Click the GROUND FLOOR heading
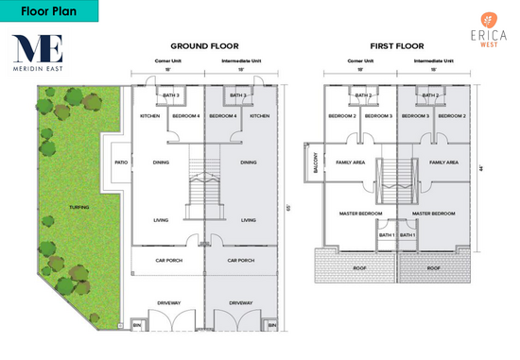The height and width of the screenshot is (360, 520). click(x=204, y=45)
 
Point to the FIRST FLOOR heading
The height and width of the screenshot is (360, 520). click(x=397, y=45)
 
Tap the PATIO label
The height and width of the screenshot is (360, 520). click(x=121, y=162)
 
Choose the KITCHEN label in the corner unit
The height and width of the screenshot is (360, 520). click(x=149, y=116)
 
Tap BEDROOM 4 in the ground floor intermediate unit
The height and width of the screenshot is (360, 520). click(x=223, y=116)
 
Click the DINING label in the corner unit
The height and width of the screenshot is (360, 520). click(x=162, y=162)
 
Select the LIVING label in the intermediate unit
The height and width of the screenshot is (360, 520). click(x=249, y=220)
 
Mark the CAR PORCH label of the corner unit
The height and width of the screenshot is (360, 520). click(x=170, y=259)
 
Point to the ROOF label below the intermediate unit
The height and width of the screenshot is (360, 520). click(x=433, y=267)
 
